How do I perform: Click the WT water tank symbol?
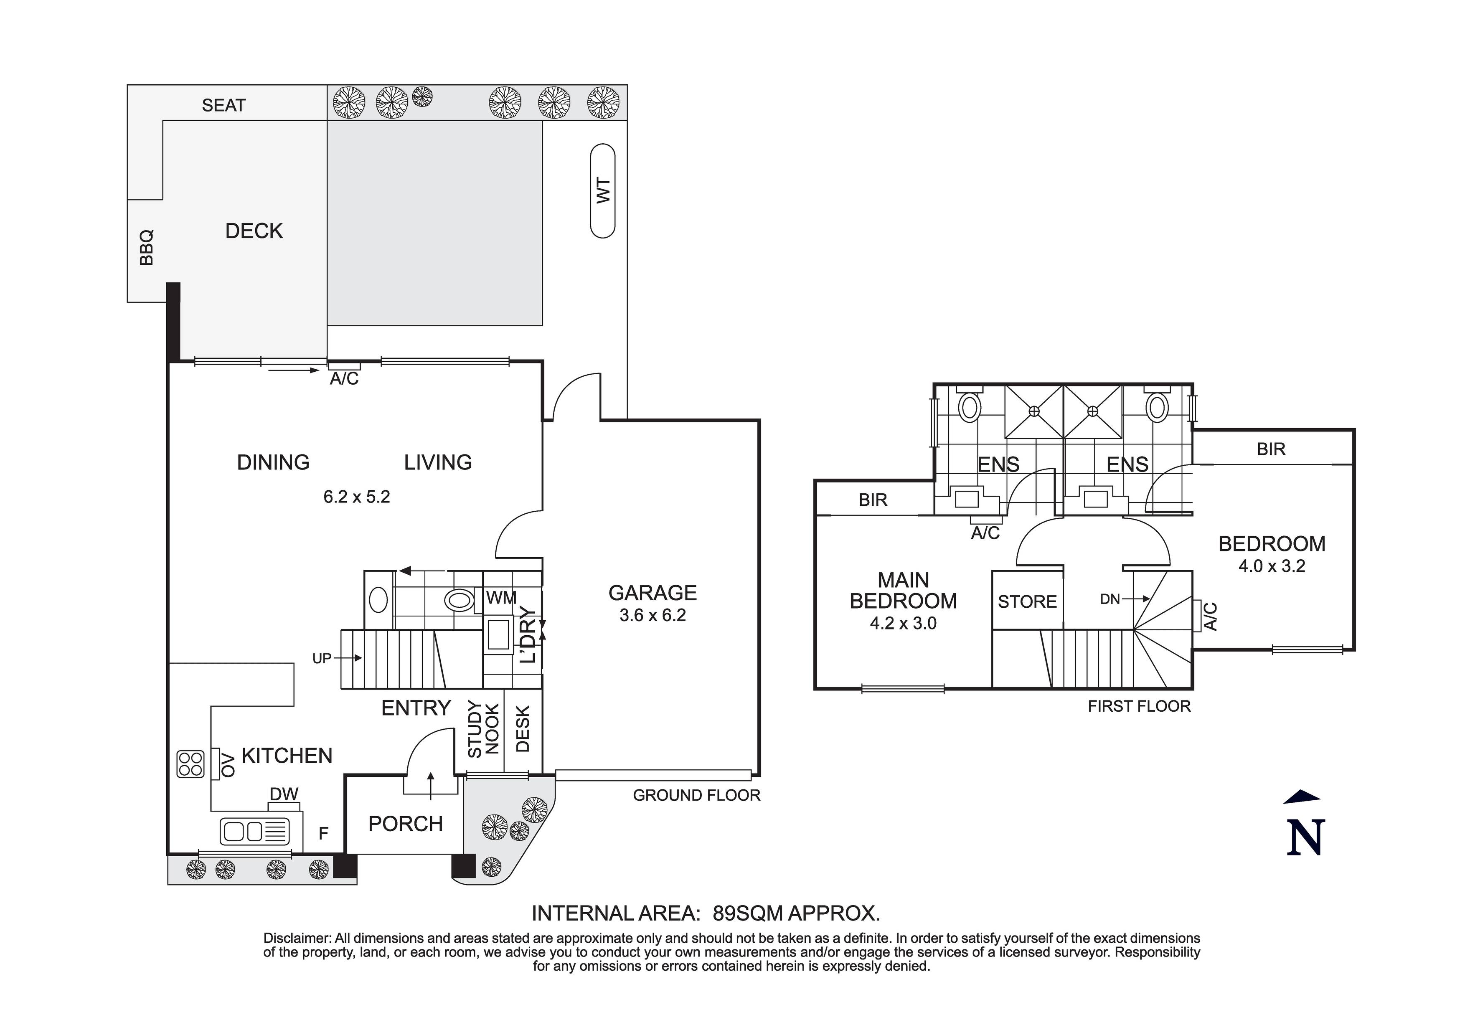tap(602, 191)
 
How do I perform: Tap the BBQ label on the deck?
tap(147, 248)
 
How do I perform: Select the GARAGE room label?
tap(652, 593)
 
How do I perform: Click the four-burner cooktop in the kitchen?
tap(190, 764)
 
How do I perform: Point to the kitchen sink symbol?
tap(254, 832)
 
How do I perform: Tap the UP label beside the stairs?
tap(322, 658)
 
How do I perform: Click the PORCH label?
tap(405, 824)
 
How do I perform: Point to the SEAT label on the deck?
tap(223, 105)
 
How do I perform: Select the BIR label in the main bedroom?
tap(872, 500)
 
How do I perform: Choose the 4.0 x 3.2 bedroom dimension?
tap(1271, 566)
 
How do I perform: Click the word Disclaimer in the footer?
tap(297, 938)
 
